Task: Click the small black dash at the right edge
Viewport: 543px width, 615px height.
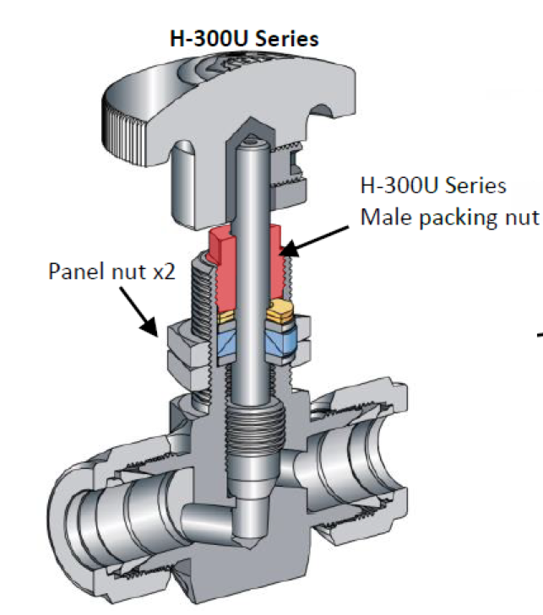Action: pos(537,339)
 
